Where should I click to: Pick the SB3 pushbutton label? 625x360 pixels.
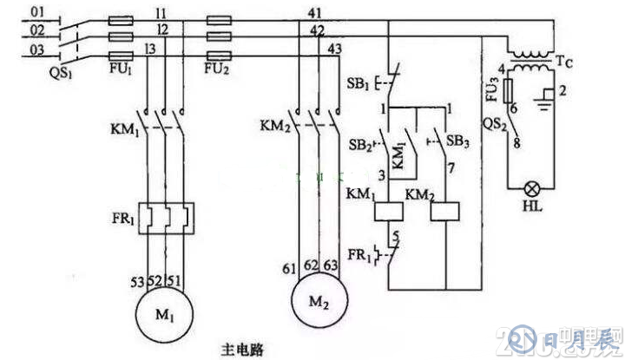[x=455, y=140]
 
